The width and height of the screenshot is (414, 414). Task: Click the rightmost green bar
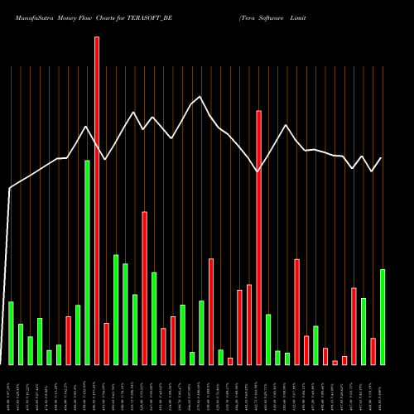tap(383, 317)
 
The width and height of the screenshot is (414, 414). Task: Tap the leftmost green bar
tap(11, 333)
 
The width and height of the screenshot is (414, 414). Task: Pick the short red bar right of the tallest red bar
tap(106, 344)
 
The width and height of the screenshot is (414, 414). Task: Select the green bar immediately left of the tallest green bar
tap(78, 335)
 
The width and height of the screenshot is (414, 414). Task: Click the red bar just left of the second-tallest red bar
tap(249, 325)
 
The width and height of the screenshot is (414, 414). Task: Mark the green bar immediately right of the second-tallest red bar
tap(268, 339)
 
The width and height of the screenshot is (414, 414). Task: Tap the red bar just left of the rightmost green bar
tap(373, 351)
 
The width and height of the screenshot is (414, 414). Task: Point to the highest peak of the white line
tap(200, 97)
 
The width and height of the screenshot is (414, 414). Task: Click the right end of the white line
tap(381, 158)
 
